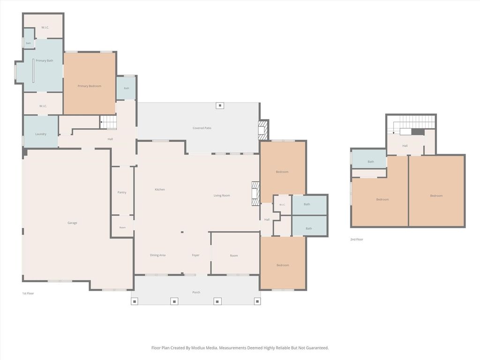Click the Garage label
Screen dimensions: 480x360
(x=72, y=223)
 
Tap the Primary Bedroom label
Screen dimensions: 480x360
(x=90, y=86)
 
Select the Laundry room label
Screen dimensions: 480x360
(x=41, y=134)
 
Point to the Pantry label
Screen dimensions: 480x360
(x=122, y=192)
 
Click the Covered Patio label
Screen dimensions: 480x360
(x=202, y=128)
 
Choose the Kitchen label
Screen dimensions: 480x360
(x=160, y=189)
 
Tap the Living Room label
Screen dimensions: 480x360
(x=222, y=195)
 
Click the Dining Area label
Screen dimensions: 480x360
(x=157, y=255)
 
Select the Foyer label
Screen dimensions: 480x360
(x=195, y=255)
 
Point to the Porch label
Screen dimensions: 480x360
(x=196, y=292)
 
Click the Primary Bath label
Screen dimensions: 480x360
(x=45, y=60)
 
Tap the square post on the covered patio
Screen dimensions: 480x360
(x=220, y=105)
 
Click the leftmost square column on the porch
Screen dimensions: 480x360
(x=135, y=301)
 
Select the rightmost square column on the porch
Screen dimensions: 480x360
(x=257, y=301)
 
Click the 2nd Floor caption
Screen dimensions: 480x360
(x=357, y=240)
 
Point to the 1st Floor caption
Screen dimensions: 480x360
(x=28, y=293)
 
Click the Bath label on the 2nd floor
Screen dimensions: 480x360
(x=371, y=162)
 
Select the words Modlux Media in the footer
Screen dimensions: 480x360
(x=204, y=348)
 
